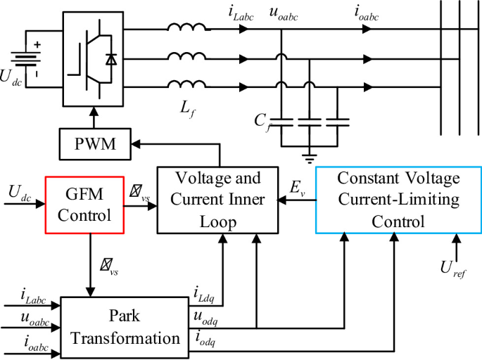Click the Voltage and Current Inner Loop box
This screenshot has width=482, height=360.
click(218, 200)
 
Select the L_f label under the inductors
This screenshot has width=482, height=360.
click(186, 108)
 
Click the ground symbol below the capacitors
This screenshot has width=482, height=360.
click(307, 153)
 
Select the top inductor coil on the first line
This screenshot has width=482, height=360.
click(186, 30)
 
